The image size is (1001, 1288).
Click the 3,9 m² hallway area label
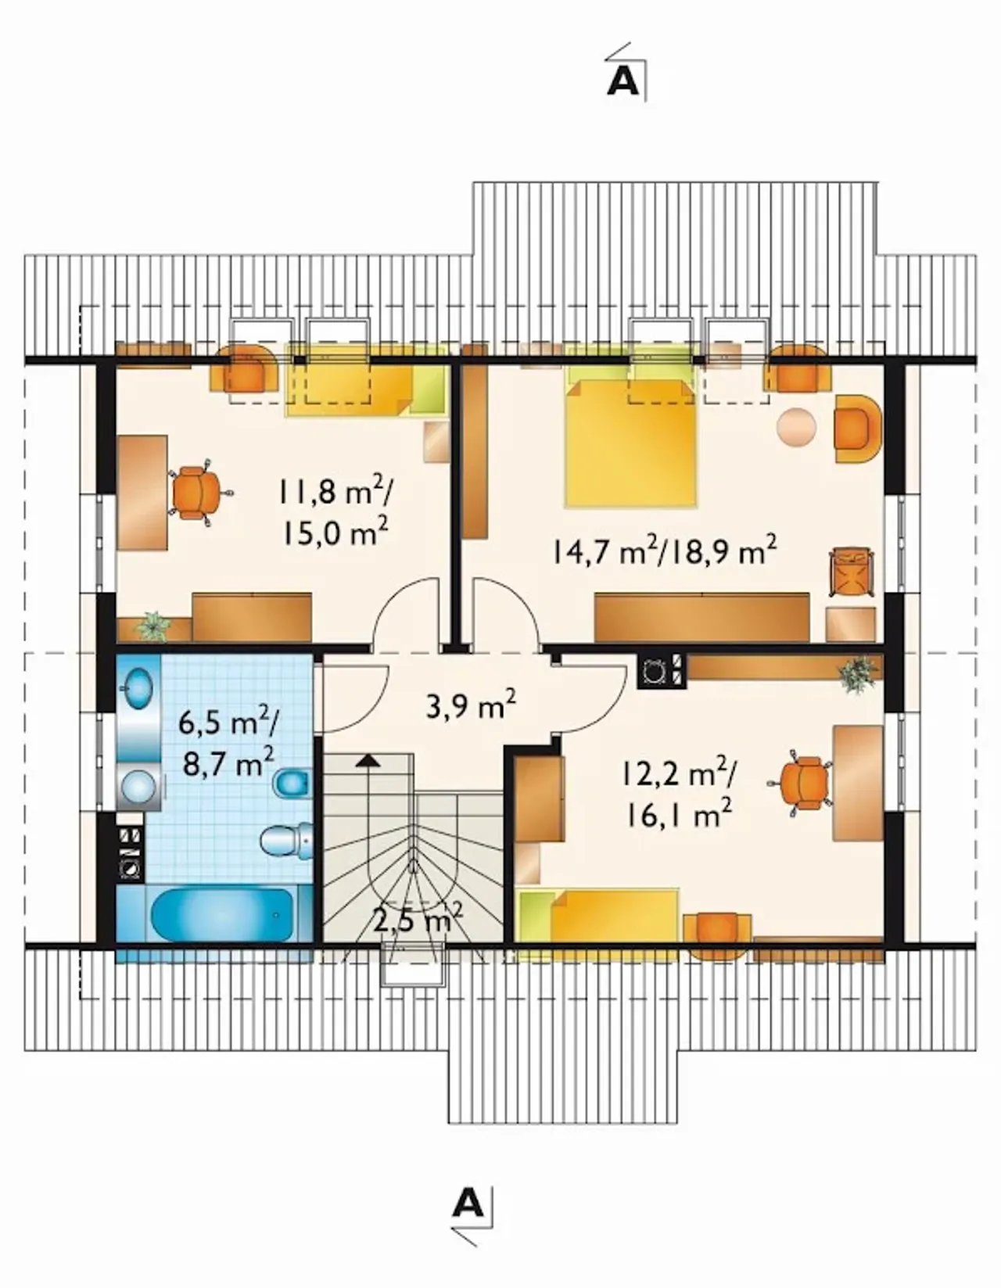coord(471,703)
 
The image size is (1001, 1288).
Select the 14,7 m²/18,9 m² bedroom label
coord(665,552)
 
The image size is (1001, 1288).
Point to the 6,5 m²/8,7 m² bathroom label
coord(229,743)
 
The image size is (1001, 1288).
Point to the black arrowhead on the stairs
coord(368,760)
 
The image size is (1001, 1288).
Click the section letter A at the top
coord(623,83)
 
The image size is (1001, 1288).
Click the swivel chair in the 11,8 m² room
coord(197,493)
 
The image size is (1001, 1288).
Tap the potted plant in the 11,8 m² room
coord(153,626)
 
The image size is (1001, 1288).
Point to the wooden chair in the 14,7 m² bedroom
coord(852,572)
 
